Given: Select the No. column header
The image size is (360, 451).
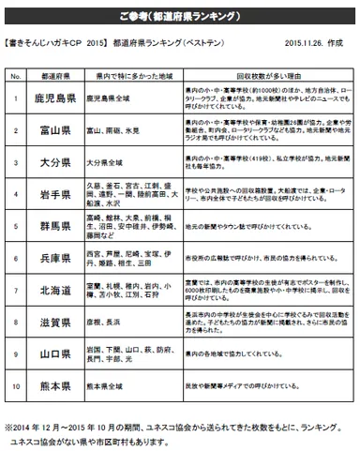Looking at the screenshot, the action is [x=16, y=73].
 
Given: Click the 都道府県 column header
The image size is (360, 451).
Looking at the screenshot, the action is [x=53, y=73].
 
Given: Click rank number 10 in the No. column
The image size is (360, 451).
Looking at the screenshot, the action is [x=16, y=385].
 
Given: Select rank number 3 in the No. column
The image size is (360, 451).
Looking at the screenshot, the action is [x=16, y=162].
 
